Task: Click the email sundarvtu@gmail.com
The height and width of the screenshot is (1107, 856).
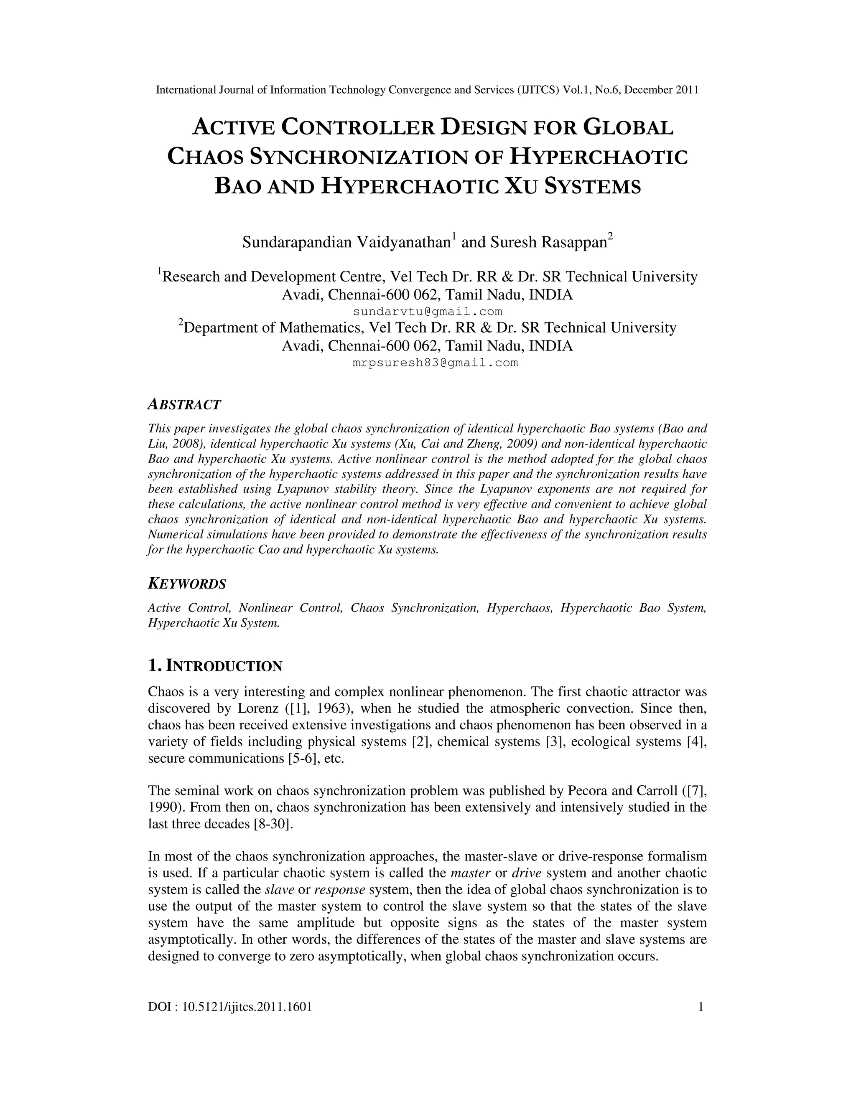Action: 428,311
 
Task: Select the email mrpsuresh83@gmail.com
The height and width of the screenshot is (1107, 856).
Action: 435,363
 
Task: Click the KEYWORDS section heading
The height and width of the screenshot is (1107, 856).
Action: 186,584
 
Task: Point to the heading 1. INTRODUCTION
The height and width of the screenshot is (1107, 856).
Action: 215,665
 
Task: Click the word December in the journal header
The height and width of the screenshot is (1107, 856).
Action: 648,90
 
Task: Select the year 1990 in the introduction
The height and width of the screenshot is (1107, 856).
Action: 160,807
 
